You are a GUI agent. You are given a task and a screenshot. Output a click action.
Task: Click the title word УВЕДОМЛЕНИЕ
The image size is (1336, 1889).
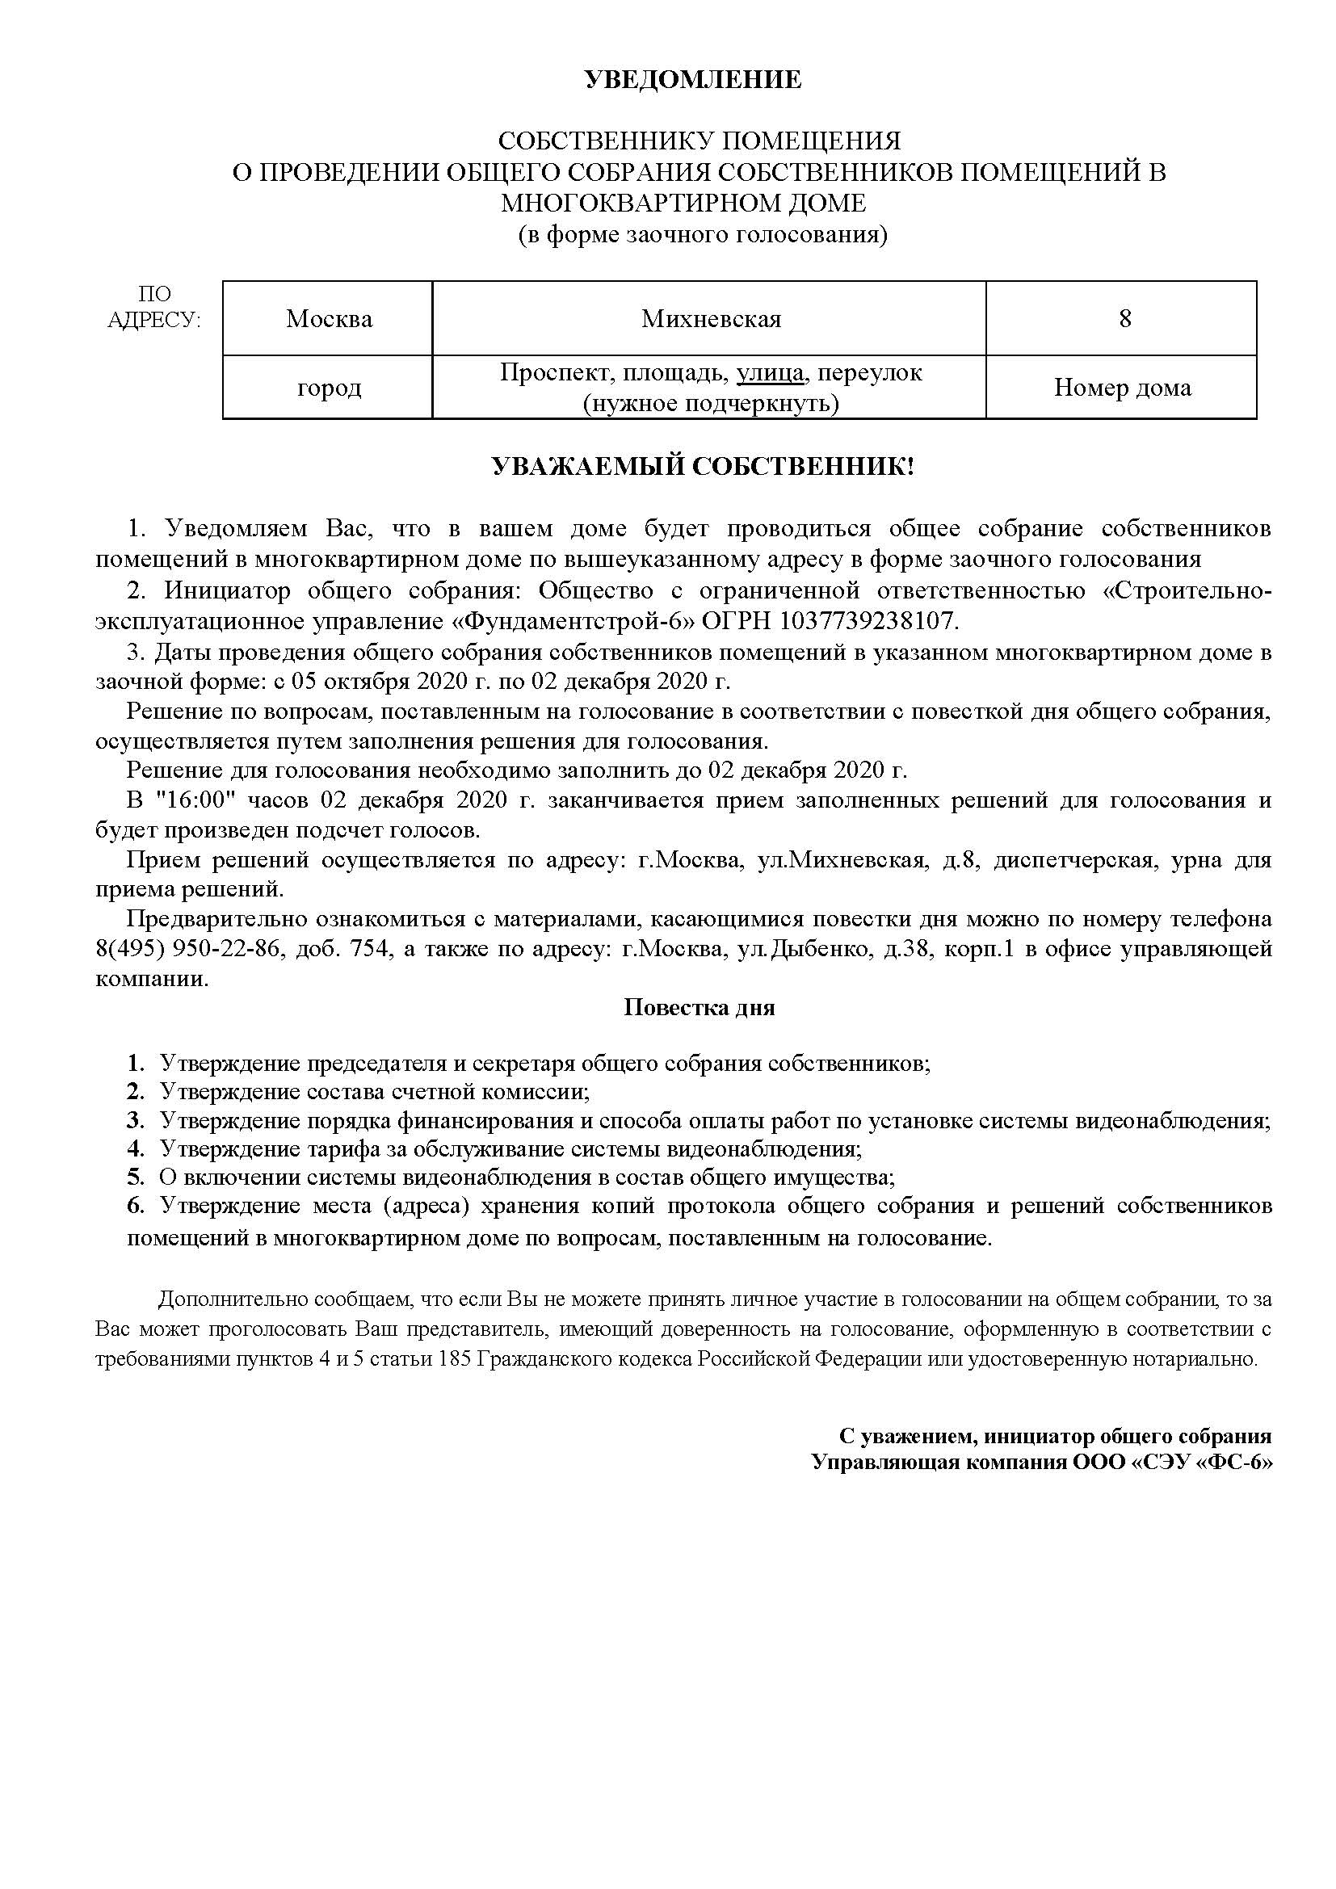(692, 80)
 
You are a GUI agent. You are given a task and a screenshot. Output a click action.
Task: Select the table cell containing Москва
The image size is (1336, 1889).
(329, 319)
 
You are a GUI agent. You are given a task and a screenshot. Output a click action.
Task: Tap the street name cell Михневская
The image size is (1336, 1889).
(711, 319)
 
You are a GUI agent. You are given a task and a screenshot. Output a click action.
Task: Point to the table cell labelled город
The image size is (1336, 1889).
(329, 388)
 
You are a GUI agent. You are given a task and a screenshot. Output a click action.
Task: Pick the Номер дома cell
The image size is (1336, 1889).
(1122, 388)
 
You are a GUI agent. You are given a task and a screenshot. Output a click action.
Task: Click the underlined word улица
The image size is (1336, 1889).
(770, 372)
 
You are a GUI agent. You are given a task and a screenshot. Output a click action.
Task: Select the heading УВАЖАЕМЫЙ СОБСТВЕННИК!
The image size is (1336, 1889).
(703, 468)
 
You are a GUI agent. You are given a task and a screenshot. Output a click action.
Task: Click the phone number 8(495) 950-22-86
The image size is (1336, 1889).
(179, 949)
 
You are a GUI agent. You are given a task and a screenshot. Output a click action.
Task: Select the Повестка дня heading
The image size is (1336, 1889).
(700, 1008)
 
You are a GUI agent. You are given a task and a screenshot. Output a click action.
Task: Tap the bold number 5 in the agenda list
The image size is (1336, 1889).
(135, 1177)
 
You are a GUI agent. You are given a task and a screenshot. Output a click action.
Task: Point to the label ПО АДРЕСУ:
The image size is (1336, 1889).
(153, 307)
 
